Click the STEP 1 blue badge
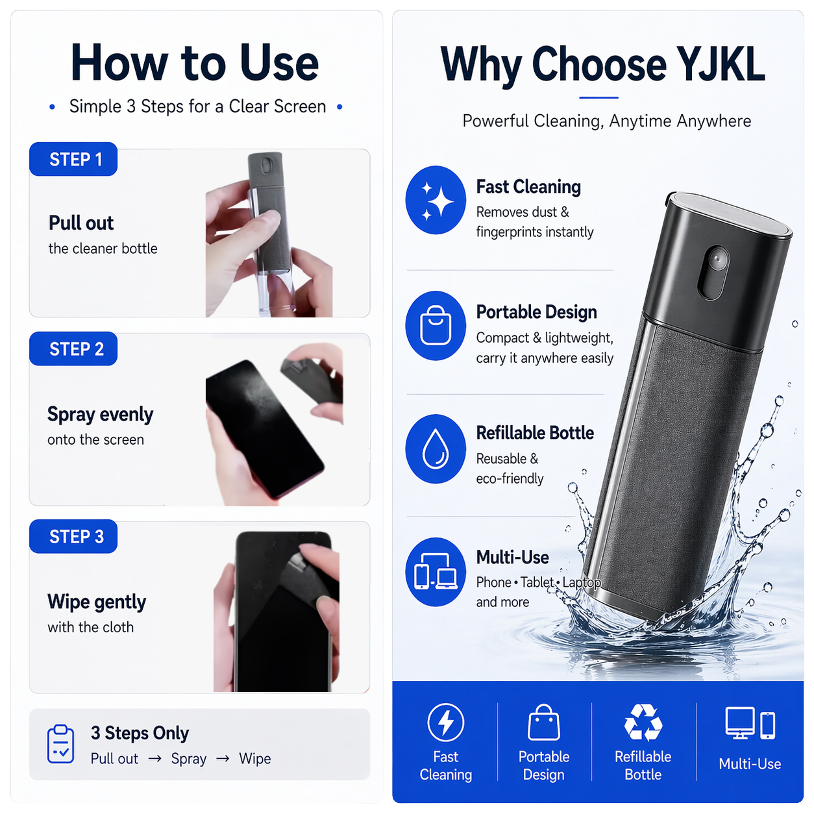click(x=73, y=160)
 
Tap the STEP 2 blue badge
click(x=73, y=349)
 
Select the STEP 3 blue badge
click(x=73, y=537)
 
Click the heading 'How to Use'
click(x=195, y=63)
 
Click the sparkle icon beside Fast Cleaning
click(x=436, y=200)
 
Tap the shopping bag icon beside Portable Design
click(x=436, y=325)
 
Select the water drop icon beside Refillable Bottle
click(x=436, y=449)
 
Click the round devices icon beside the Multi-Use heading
click(x=436, y=572)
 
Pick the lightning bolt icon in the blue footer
click(x=445, y=722)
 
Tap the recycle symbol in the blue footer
click(x=643, y=722)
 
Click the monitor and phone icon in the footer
click(x=750, y=723)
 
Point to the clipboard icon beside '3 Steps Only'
click(x=61, y=744)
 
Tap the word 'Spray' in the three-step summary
click(x=189, y=759)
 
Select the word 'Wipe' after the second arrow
click(x=255, y=759)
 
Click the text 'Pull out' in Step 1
click(x=81, y=223)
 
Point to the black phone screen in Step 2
click(x=260, y=422)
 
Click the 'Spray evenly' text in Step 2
click(x=101, y=414)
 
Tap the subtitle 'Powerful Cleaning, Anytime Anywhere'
click(x=606, y=121)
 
